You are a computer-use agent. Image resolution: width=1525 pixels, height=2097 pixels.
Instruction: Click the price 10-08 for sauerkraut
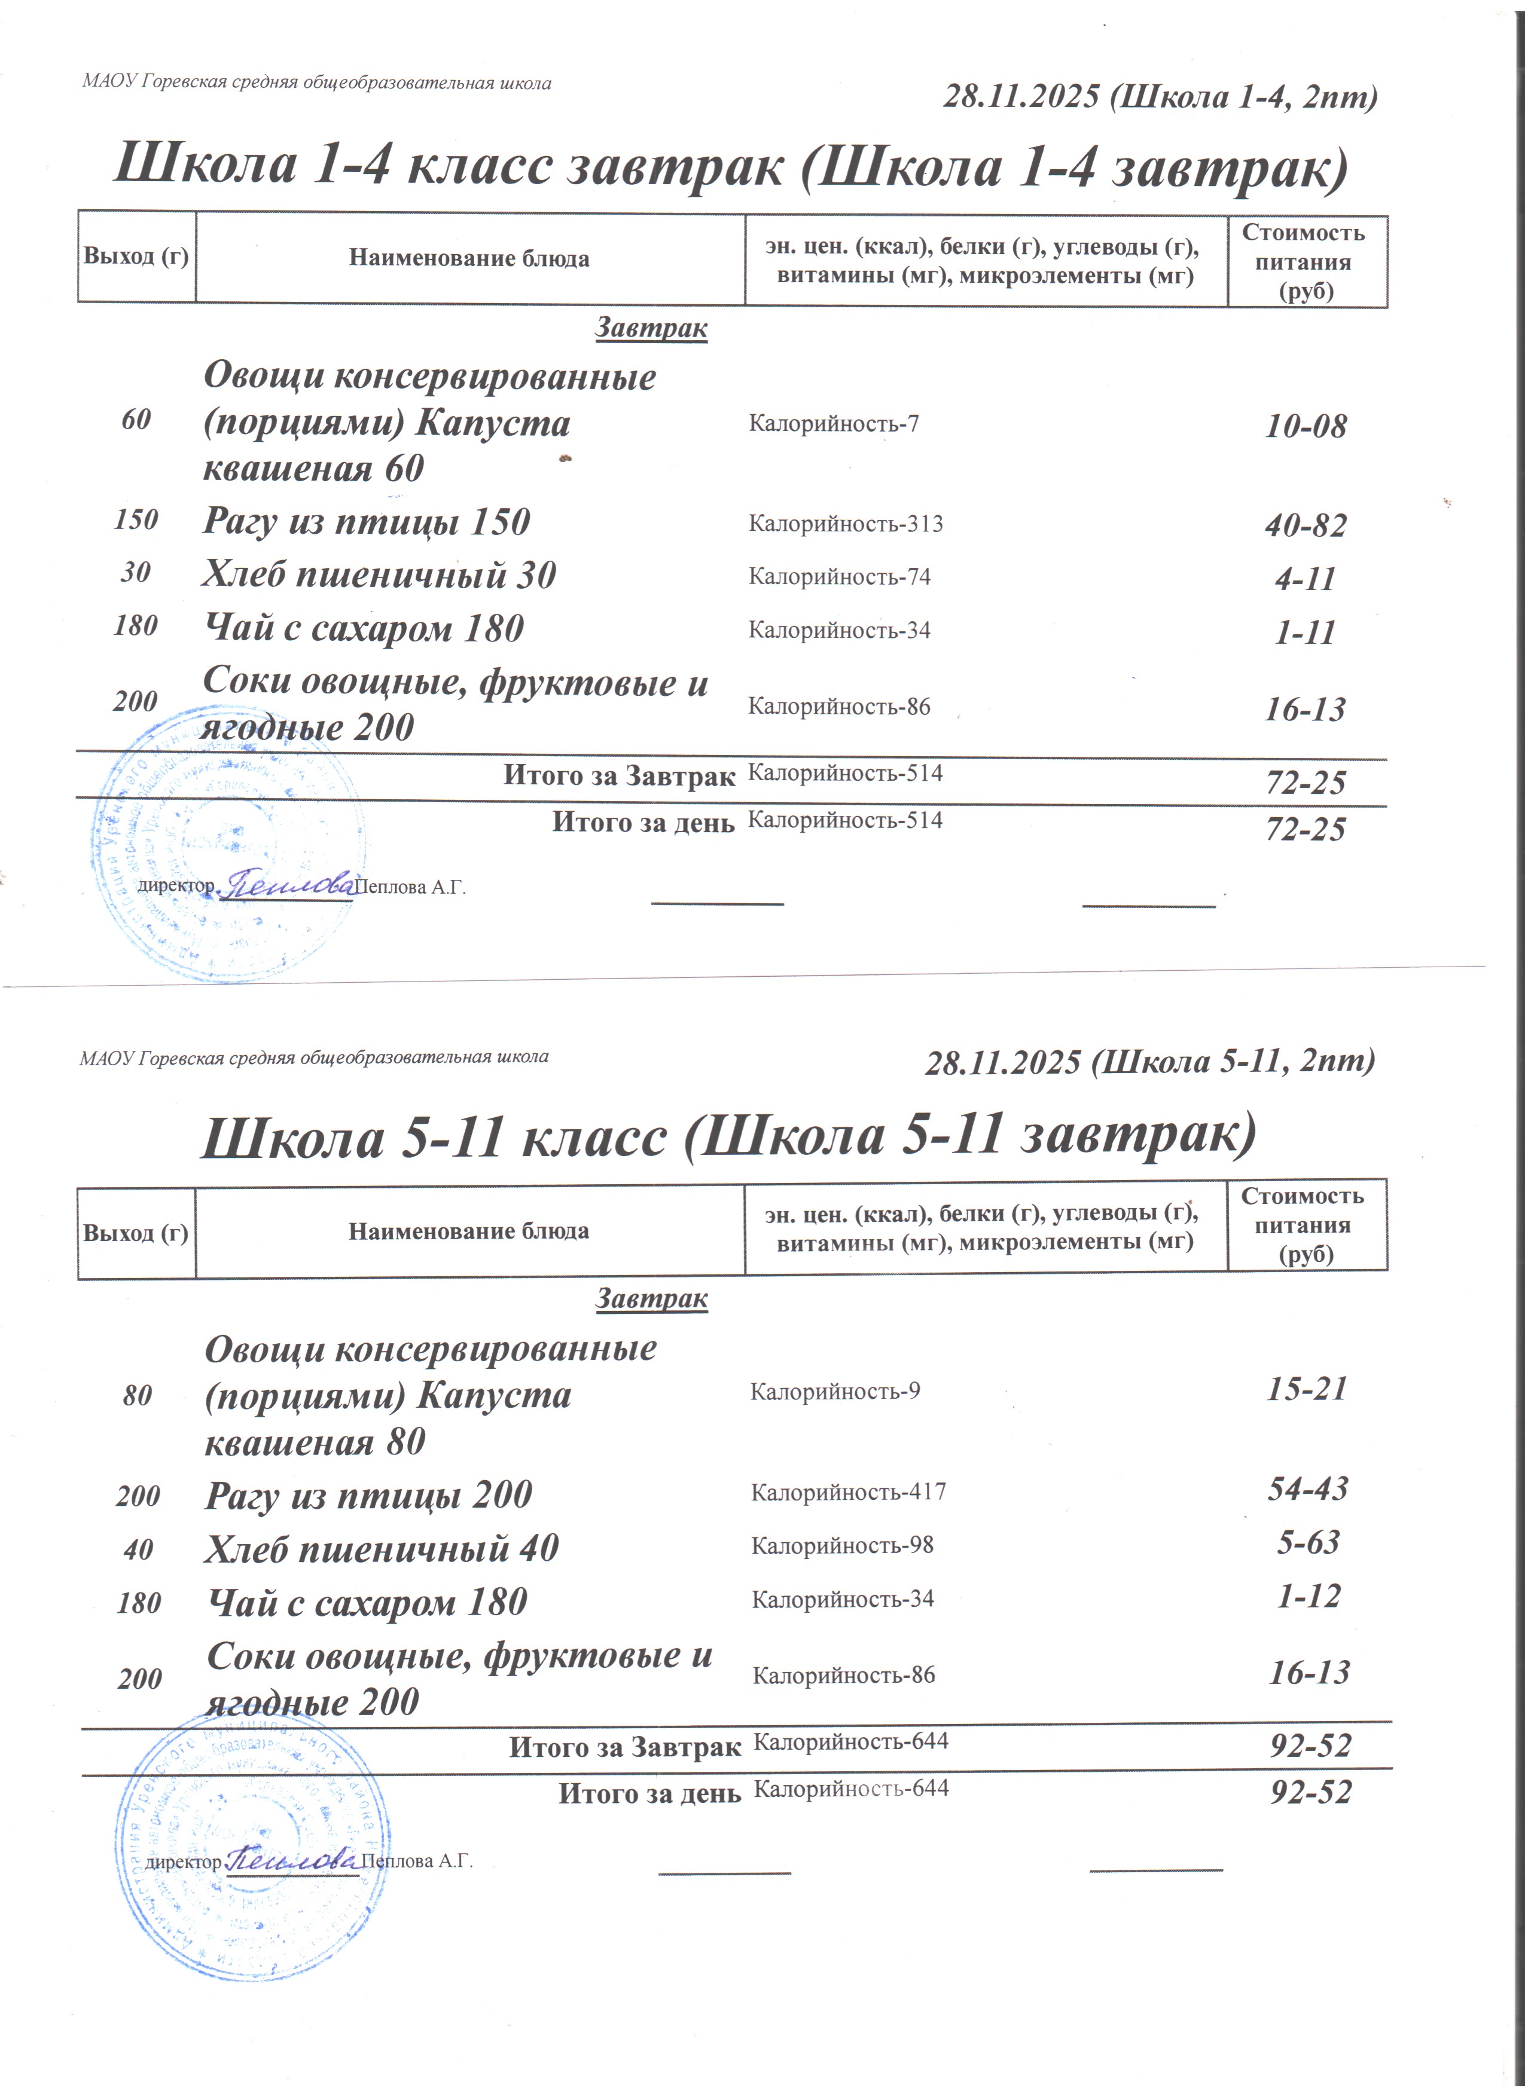click(1305, 426)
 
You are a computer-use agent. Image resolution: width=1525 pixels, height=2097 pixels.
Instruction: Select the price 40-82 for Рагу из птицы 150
click(1305, 525)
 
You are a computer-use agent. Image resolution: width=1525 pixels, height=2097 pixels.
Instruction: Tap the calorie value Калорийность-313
click(845, 524)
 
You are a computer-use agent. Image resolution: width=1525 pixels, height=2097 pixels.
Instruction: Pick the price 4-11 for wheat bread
click(1305, 579)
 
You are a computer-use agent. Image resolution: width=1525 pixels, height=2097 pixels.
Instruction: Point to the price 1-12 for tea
click(1308, 1596)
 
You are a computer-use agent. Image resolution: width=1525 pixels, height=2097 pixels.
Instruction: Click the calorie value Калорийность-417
click(848, 1491)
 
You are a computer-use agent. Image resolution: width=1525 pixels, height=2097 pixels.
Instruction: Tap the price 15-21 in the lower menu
click(1306, 1389)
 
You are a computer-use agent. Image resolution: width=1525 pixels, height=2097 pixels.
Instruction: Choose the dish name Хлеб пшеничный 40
click(381, 1548)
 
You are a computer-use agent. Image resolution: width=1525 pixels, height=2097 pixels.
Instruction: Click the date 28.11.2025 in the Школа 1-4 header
click(1021, 96)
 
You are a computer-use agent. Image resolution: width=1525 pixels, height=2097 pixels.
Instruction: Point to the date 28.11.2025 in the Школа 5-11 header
click(1002, 1062)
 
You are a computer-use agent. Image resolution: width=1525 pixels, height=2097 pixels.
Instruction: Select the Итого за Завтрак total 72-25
click(1305, 783)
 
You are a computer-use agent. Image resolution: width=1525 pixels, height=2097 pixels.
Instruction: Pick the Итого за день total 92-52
click(1310, 1792)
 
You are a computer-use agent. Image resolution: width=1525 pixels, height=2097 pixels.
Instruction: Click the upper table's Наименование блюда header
click(469, 258)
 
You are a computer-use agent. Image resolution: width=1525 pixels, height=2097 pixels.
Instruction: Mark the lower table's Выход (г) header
click(136, 1233)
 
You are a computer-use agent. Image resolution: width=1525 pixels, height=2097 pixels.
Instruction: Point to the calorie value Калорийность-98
click(841, 1545)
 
